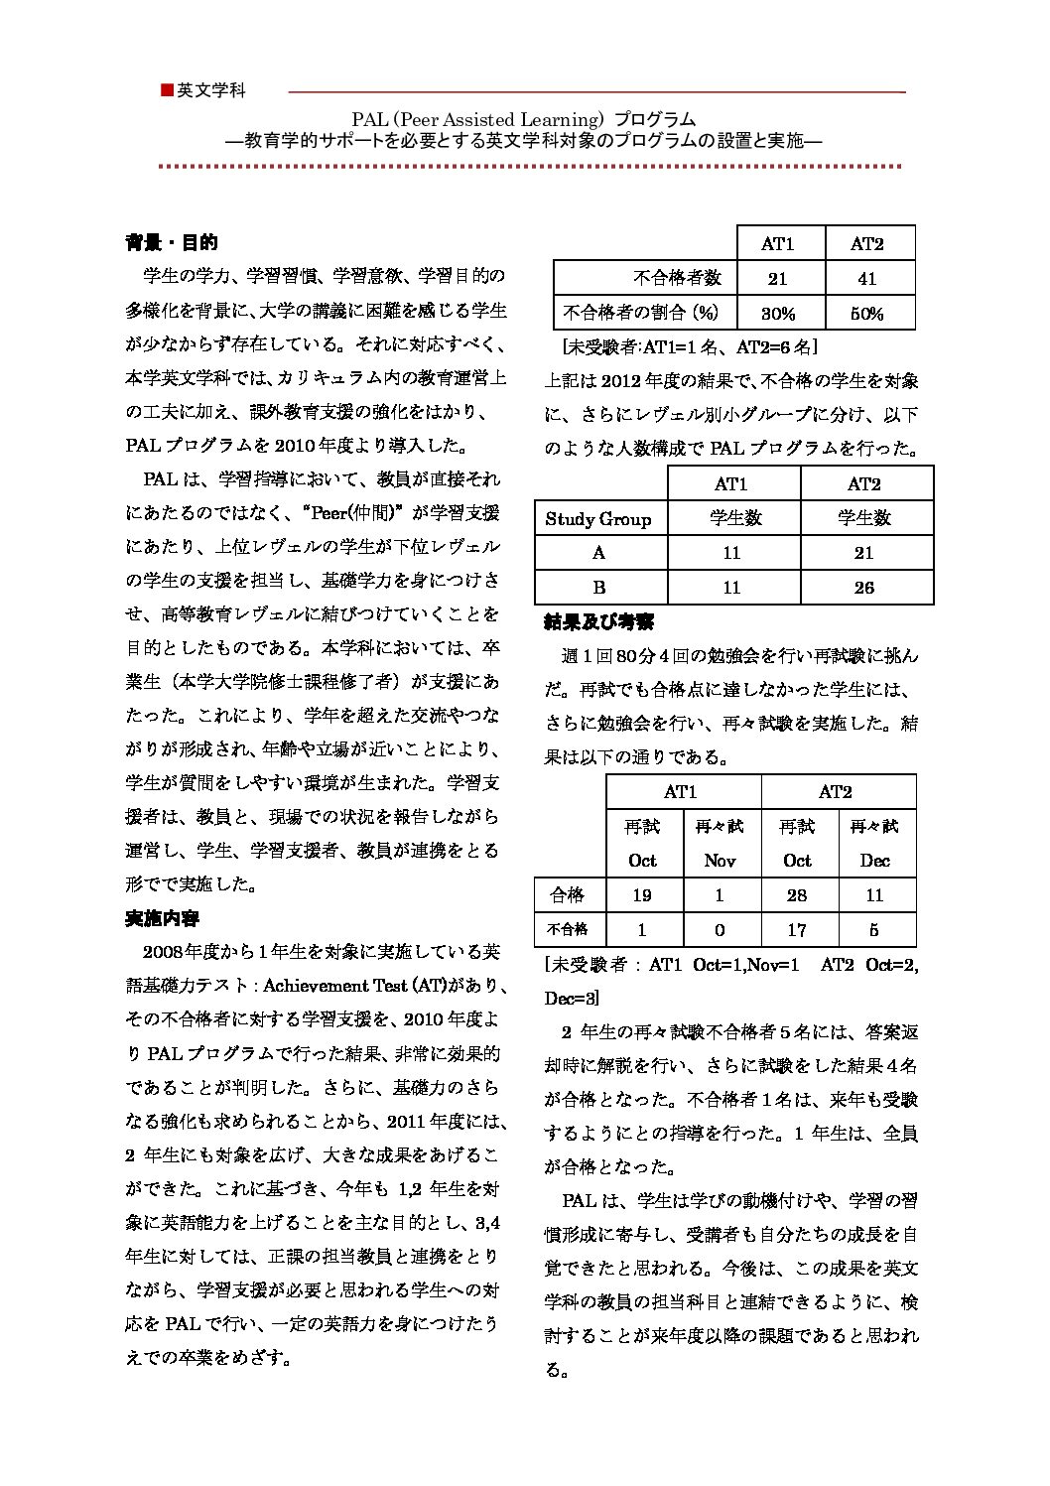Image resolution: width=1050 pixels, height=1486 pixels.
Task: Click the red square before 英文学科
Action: pyautogui.click(x=167, y=90)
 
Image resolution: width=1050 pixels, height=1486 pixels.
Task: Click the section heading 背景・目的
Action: pyautogui.click(x=172, y=242)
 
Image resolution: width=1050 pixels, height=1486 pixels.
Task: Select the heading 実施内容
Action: pyautogui.click(x=163, y=918)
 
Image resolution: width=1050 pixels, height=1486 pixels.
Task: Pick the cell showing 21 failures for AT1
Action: pyautogui.click(x=777, y=279)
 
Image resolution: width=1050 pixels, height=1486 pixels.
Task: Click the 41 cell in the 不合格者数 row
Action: pyautogui.click(x=866, y=279)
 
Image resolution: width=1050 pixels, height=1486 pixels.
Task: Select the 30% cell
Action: pyautogui.click(x=777, y=314)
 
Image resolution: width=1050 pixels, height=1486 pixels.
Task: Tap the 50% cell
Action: pyautogui.click(x=866, y=314)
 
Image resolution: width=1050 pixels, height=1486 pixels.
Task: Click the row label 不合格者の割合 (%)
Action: pyautogui.click(x=640, y=313)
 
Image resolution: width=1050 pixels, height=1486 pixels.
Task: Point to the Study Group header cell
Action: pyautogui.click(x=598, y=518)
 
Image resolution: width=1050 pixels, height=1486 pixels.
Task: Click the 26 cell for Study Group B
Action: pyautogui.click(x=864, y=587)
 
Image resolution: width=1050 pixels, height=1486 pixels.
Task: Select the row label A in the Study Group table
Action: pyautogui.click(x=598, y=553)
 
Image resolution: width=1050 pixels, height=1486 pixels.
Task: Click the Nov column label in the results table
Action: pyautogui.click(x=720, y=861)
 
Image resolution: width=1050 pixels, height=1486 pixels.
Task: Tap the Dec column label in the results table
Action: pyautogui.click(x=874, y=861)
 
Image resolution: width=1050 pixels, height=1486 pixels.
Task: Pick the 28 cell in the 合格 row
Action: pyautogui.click(x=797, y=895)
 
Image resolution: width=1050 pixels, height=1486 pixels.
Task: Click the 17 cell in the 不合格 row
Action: pyautogui.click(x=797, y=930)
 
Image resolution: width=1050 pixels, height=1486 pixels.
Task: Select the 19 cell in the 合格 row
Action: pyautogui.click(x=642, y=895)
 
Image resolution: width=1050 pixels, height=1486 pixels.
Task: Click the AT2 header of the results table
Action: pyautogui.click(x=836, y=791)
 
